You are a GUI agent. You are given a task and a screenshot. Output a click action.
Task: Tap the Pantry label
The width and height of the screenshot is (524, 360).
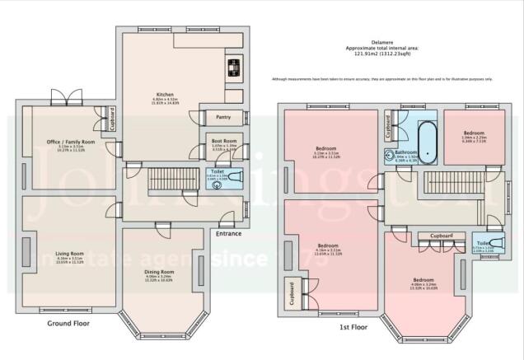point(222,118)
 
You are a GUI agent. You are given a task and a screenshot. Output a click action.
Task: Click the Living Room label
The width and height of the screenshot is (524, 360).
point(69,254)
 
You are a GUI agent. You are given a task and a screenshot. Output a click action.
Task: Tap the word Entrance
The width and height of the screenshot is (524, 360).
point(229,234)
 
